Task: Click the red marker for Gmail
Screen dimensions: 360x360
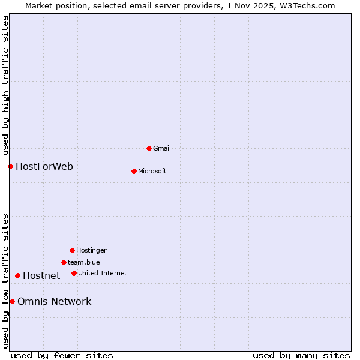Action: [x=149, y=148]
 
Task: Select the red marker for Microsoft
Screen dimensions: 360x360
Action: [x=134, y=171]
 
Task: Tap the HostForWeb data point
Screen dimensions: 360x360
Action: [x=10, y=166]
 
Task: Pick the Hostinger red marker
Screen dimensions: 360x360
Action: [x=72, y=250]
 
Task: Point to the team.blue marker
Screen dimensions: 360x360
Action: [x=64, y=262]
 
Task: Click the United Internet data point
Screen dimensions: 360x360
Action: [x=74, y=273]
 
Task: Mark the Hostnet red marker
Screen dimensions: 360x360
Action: [x=17, y=275]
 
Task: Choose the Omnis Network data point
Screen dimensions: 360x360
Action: [x=12, y=301]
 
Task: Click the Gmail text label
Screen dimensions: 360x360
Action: [x=162, y=148]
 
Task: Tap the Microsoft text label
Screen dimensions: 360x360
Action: [x=152, y=171]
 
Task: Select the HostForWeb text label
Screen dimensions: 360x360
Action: [x=44, y=166]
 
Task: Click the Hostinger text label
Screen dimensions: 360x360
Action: [x=91, y=250]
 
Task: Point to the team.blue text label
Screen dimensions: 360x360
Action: [x=84, y=262]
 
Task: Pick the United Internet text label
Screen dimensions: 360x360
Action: [x=103, y=273]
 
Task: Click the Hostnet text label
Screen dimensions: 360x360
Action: [x=41, y=275]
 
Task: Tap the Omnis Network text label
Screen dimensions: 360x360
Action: [x=55, y=301]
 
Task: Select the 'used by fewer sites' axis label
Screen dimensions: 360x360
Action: [x=62, y=355]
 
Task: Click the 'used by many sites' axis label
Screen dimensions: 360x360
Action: [x=301, y=355]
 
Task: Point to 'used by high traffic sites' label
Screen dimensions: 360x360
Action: [x=5, y=85]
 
